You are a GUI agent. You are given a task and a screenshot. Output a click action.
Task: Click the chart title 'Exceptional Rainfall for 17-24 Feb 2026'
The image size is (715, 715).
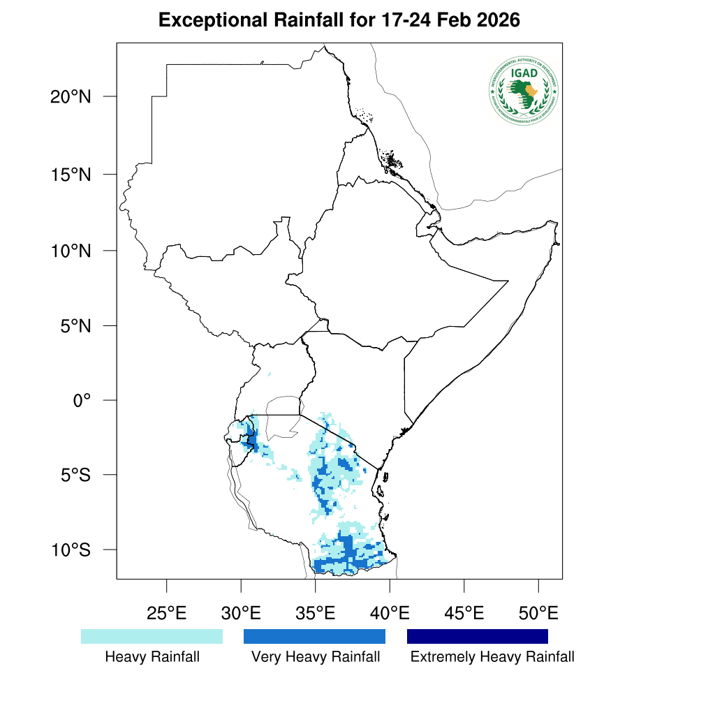339,20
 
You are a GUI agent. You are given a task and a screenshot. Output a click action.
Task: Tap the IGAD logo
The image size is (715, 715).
524,90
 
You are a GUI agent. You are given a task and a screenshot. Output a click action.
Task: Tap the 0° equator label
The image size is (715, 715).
83,401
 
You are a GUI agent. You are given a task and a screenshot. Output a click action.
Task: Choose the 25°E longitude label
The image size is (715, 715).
166,614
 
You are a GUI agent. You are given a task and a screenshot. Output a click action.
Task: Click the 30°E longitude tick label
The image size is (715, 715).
241,614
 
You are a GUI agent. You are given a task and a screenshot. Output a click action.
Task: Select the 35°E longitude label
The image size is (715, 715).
316,614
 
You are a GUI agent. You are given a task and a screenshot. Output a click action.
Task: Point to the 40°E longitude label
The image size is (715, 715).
390,614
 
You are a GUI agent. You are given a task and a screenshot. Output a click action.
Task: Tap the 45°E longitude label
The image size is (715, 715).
464,614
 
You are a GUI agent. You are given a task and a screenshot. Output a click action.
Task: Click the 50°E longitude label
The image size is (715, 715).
538,614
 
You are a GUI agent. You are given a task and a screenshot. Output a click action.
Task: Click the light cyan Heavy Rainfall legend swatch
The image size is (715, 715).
152,636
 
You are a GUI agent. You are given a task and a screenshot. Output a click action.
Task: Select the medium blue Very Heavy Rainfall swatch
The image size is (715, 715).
314,636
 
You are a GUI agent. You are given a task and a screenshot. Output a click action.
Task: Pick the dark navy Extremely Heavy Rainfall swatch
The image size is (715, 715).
478,636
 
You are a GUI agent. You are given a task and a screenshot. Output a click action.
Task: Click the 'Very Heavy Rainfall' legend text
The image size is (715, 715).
316,657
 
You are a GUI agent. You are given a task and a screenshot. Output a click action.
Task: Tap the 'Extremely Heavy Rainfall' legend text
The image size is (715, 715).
492,657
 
